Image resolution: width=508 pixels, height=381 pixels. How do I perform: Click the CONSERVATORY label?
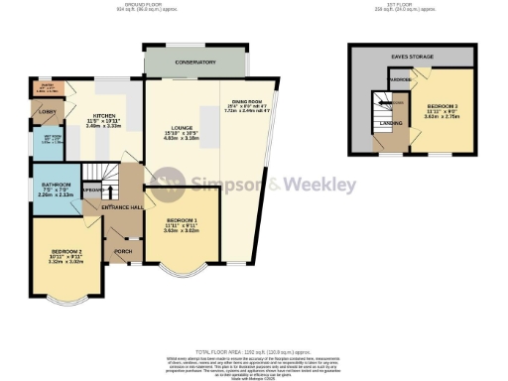tap(194, 63)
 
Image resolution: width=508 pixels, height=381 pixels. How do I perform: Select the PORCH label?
tap(123, 251)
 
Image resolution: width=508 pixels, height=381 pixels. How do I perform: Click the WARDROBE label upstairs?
tap(400, 78)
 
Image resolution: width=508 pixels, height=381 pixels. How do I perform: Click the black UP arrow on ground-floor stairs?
tap(93, 189)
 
